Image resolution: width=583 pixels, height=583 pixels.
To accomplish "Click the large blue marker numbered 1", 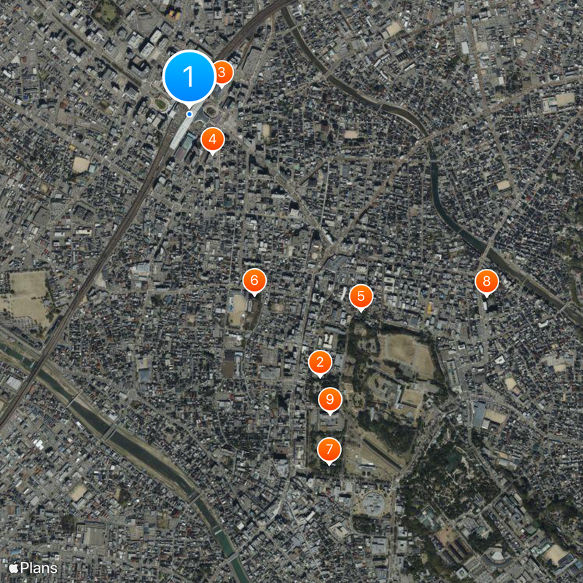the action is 189,75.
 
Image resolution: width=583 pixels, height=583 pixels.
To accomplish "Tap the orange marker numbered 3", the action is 222,72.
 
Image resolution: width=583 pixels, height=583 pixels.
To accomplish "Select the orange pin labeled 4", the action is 212,138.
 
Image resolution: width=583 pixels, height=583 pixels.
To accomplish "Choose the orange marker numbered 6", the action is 254,281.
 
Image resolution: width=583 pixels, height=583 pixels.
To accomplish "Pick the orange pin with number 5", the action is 361,296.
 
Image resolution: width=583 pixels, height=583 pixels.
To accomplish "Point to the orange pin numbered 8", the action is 486,281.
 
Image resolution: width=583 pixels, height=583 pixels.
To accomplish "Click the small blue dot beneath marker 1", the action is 189,114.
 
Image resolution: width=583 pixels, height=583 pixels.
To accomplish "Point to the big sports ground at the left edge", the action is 28,296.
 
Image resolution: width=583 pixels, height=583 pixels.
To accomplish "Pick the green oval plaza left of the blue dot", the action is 160,104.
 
